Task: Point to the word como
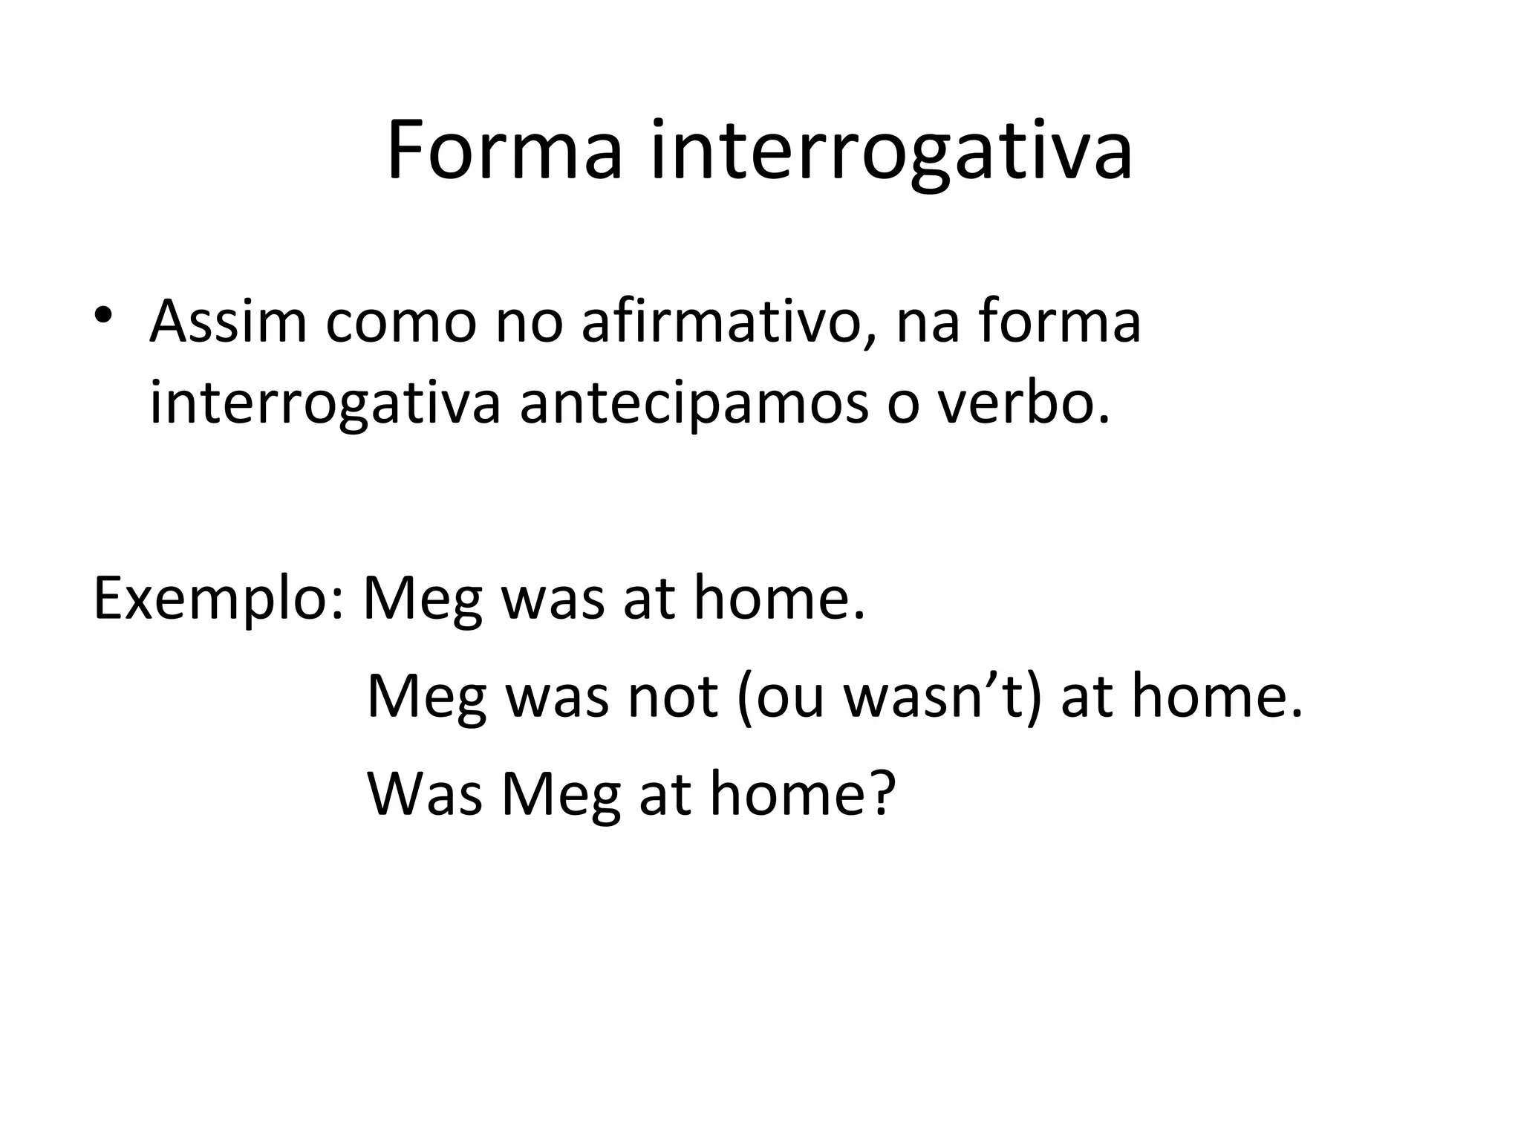click(x=400, y=324)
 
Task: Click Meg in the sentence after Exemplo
click(x=423, y=600)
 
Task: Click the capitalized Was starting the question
click(x=424, y=793)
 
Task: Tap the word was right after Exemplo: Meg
click(x=553, y=600)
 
